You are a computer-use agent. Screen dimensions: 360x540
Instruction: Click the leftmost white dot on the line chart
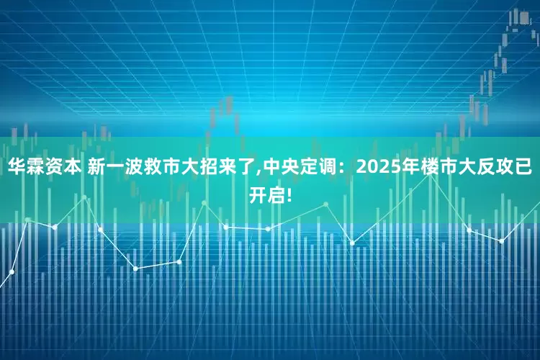tap(12, 271)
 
